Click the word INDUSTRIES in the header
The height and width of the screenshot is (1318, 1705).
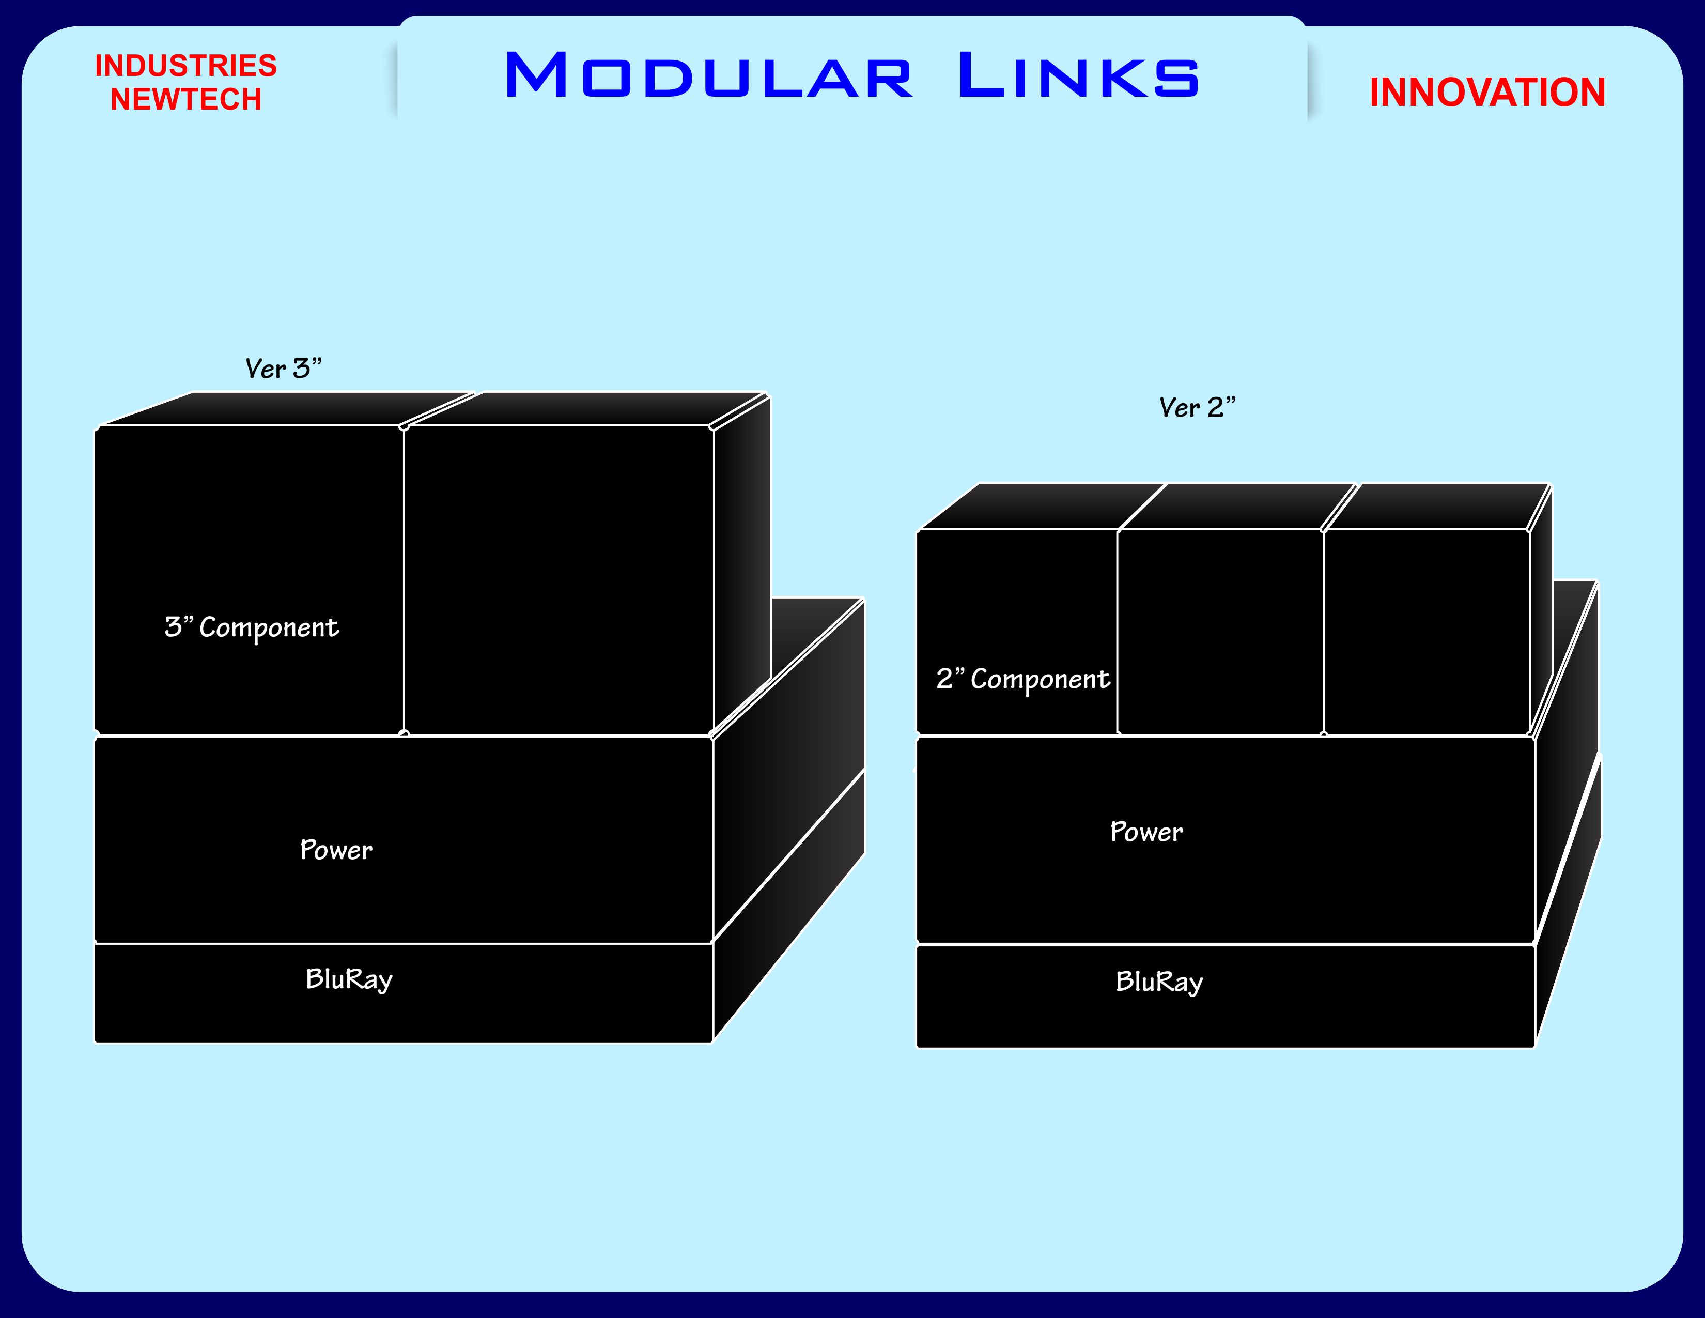186,66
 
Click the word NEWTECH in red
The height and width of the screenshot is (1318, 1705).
186,100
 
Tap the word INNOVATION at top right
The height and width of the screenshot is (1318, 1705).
1487,93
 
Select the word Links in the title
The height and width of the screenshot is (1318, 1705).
1078,76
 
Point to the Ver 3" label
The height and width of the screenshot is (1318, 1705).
283,369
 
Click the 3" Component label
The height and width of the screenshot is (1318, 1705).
252,627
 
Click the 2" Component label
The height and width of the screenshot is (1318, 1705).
1022,679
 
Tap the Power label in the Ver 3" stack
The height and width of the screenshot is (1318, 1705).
336,850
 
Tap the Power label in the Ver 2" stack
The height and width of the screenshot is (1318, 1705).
1146,832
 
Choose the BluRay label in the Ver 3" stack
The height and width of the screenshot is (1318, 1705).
349,979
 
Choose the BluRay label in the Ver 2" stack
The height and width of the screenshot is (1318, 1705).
1159,982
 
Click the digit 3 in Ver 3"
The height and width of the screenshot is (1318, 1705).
301,369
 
